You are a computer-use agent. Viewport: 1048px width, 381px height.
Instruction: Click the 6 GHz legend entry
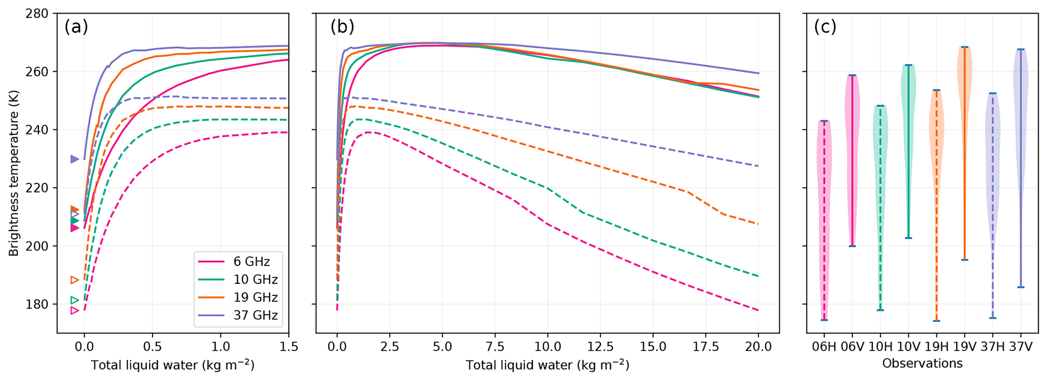(x=251, y=261)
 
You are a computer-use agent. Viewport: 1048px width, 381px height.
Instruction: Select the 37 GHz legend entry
(x=255, y=315)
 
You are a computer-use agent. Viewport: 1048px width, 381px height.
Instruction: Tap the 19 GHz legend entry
(x=255, y=297)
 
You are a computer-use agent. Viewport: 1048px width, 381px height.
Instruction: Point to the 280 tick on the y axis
(x=39, y=14)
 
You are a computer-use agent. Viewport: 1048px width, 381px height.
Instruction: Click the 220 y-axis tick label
(x=39, y=188)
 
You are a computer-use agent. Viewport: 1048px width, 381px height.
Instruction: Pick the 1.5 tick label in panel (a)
(x=288, y=347)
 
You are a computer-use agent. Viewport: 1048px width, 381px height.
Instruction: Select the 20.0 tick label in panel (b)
(x=759, y=347)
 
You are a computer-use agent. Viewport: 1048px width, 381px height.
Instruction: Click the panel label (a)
(x=76, y=26)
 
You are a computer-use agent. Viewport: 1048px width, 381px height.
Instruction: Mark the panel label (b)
(x=342, y=26)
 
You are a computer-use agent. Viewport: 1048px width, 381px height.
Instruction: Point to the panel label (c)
(x=825, y=26)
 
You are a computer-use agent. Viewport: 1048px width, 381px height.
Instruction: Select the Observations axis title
(x=922, y=363)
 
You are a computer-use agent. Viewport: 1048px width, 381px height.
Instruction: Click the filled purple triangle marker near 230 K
(x=75, y=159)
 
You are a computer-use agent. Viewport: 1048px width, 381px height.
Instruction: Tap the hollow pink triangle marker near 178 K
(x=75, y=310)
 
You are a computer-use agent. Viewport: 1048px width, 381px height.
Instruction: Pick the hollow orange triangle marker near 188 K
(x=75, y=280)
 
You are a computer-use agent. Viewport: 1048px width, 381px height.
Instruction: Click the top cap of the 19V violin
(x=964, y=47)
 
